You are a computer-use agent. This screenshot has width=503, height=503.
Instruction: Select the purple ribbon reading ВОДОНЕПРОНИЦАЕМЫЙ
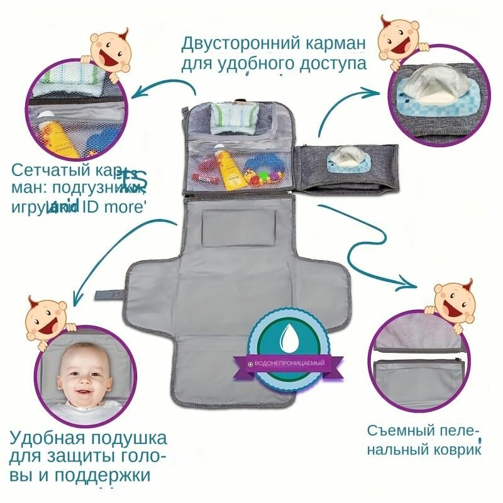(x=290, y=363)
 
